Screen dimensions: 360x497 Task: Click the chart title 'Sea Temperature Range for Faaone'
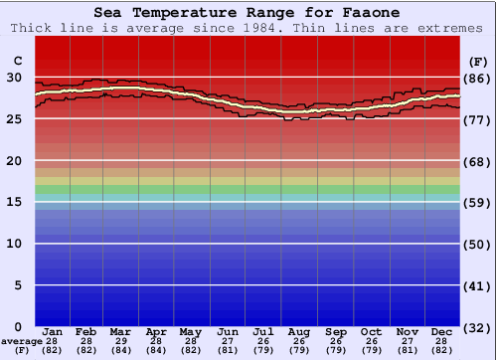click(x=248, y=12)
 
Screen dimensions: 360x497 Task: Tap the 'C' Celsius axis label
click(x=16, y=61)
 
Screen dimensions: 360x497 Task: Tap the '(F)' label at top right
click(x=477, y=61)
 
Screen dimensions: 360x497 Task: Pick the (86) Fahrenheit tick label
click(x=477, y=78)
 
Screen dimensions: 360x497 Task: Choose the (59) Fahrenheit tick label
click(x=477, y=202)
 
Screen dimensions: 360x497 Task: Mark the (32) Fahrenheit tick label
click(x=477, y=327)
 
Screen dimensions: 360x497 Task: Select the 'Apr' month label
click(x=156, y=331)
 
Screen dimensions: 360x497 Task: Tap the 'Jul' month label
click(x=263, y=331)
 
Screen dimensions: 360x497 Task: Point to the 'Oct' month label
click(x=371, y=331)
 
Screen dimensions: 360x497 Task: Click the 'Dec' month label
click(x=442, y=331)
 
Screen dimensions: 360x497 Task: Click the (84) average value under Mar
click(x=120, y=350)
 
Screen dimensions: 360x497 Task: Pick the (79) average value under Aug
click(x=299, y=350)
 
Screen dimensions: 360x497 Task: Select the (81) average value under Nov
click(x=407, y=350)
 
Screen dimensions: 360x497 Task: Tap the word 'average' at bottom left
click(x=20, y=341)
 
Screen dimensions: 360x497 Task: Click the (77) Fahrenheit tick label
click(x=477, y=119)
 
